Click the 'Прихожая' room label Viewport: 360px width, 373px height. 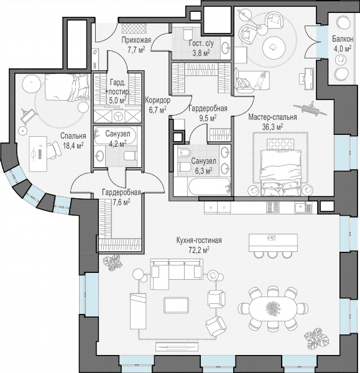pyautogui.click(x=136, y=40)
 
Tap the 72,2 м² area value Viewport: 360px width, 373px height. pyautogui.click(x=199, y=249)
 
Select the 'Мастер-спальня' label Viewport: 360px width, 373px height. pyautogui.click(x=272, y=117)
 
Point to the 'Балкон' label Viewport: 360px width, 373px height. pyautogui.click(x=343, y=39)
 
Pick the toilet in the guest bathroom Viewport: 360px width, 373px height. pyautogui.click(x=188, y=32)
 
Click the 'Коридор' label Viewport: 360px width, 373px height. pyautogui.click(x=158, y=100)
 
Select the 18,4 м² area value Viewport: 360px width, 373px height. pyautogui.click(x=73, y=145)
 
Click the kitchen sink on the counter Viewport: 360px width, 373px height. pyautogui.click(x=301, y=207)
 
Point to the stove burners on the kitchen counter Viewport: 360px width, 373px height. pyautogui.click(x=273, y=207)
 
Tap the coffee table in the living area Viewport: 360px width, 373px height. pyautogui.click(x=177, y=305)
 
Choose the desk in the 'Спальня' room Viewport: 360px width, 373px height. pyautogui.click(x=38, y=154)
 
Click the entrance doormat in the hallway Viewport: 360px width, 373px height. pyautogui.click(x=134, y=28)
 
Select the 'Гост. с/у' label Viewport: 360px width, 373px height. pyautogui.click(x=201, y=44)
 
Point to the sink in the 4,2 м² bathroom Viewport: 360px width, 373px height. pyautogui.click(x=99, y=156)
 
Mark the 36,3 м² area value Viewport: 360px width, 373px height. pyautogui.click(x=273, y=126)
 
